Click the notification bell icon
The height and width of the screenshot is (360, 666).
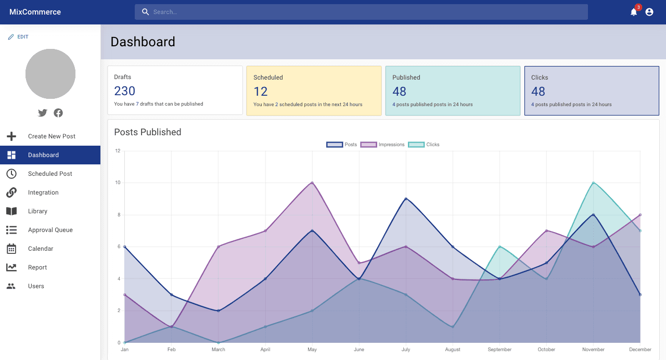pyautogui.click(x=633, y=12)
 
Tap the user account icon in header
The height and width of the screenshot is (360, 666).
pyautogui.click(x=649, y=12)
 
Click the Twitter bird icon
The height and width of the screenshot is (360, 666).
pyautogui.click(x=43, y=113)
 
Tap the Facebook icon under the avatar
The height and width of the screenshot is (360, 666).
pyautogui.click(x=58, y=113)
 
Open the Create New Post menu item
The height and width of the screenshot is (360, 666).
pyautogui.click(x=52, y=136)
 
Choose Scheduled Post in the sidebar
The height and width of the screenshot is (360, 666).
pyautogui.click(x=50, y=174)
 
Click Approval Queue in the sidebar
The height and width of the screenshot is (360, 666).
pyautogui.click(x=50, y=230)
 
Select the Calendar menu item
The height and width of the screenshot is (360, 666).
pyautogui.click(x=41, y=249)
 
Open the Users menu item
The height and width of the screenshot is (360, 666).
pyautogui.click(x=36, y=286)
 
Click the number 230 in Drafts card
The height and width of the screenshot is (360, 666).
pyautogui.click(x=125, y=91)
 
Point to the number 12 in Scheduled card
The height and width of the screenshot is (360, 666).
pyautogui.click(x=261, y=92)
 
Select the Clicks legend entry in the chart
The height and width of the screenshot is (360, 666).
pyautogui.click(x=424, y=145)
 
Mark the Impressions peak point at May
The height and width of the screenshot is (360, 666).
pyautogui.click(x=312, y=183)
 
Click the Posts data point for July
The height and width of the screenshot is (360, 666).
pyautogui.click(x=406, y=199)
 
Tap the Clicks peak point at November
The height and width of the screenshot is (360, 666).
pyautogui.click(x=593, y=183)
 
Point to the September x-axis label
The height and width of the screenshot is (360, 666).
pyautogui.click(x=499, y=350)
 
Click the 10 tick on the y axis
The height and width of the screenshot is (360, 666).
pyautogui.click(x=118, y=183)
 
